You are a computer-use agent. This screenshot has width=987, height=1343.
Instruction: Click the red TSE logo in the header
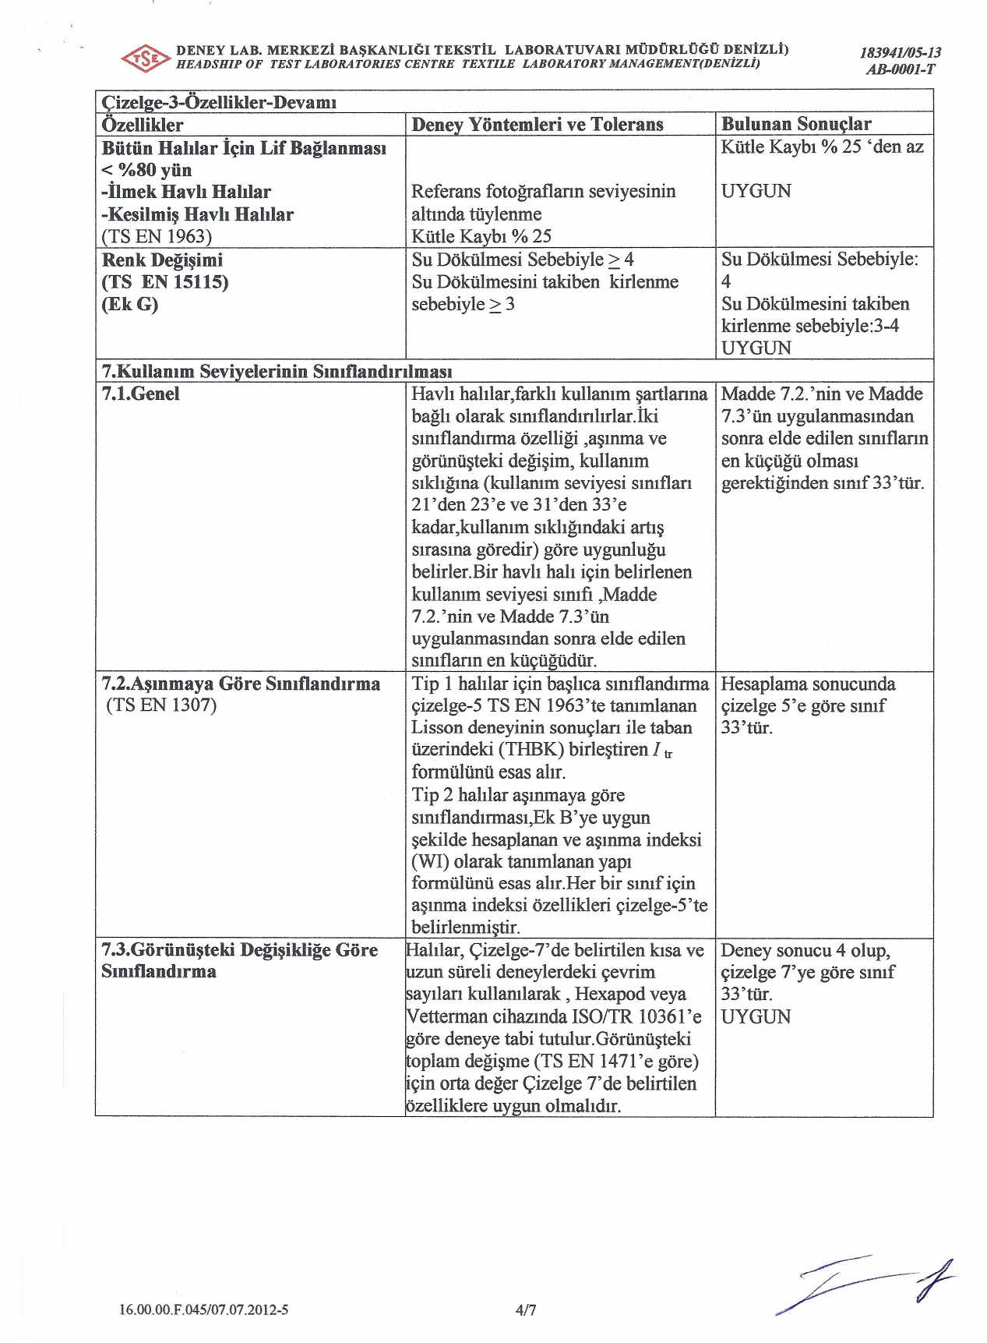click(x=146, y=58)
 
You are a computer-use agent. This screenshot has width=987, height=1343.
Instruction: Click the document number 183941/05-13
click(x=900, y=53)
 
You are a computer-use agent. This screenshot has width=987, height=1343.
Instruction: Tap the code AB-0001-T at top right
click(x=900, y=69)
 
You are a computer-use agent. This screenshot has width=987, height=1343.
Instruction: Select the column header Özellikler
click(x=143, y=125)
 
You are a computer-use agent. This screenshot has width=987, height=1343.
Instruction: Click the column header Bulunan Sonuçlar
click(x=796, y=124)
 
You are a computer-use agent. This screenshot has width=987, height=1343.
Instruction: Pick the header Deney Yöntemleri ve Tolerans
click(x=538, y=125)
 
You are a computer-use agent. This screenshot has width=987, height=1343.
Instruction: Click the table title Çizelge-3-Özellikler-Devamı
click(x=219, y=102)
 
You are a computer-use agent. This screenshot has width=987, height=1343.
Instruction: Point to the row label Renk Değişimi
click(x=162, y=260)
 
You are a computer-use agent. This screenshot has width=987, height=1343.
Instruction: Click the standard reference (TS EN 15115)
click(x=165, y=281)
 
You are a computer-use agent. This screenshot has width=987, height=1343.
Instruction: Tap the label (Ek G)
click(x=129, y=304)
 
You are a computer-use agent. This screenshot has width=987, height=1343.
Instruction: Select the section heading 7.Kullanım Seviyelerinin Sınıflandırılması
click(x=277, y=371)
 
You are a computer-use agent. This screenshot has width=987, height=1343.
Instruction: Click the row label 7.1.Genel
click(x=140, y=394)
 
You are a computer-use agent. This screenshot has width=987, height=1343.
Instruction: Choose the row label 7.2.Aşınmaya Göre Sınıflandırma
click(x=241, y=684)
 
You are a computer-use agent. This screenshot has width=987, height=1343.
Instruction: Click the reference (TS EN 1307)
click(x=161, y=705)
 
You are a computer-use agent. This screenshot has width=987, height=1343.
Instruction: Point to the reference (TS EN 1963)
click(x=157, y=236)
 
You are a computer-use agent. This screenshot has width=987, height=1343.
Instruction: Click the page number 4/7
click(x=526, y=1310)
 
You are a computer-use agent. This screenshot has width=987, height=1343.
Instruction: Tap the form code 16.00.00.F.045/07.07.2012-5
click(x=203, y=1309)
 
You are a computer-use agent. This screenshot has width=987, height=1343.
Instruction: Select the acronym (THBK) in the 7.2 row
click(x=536, y=750)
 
